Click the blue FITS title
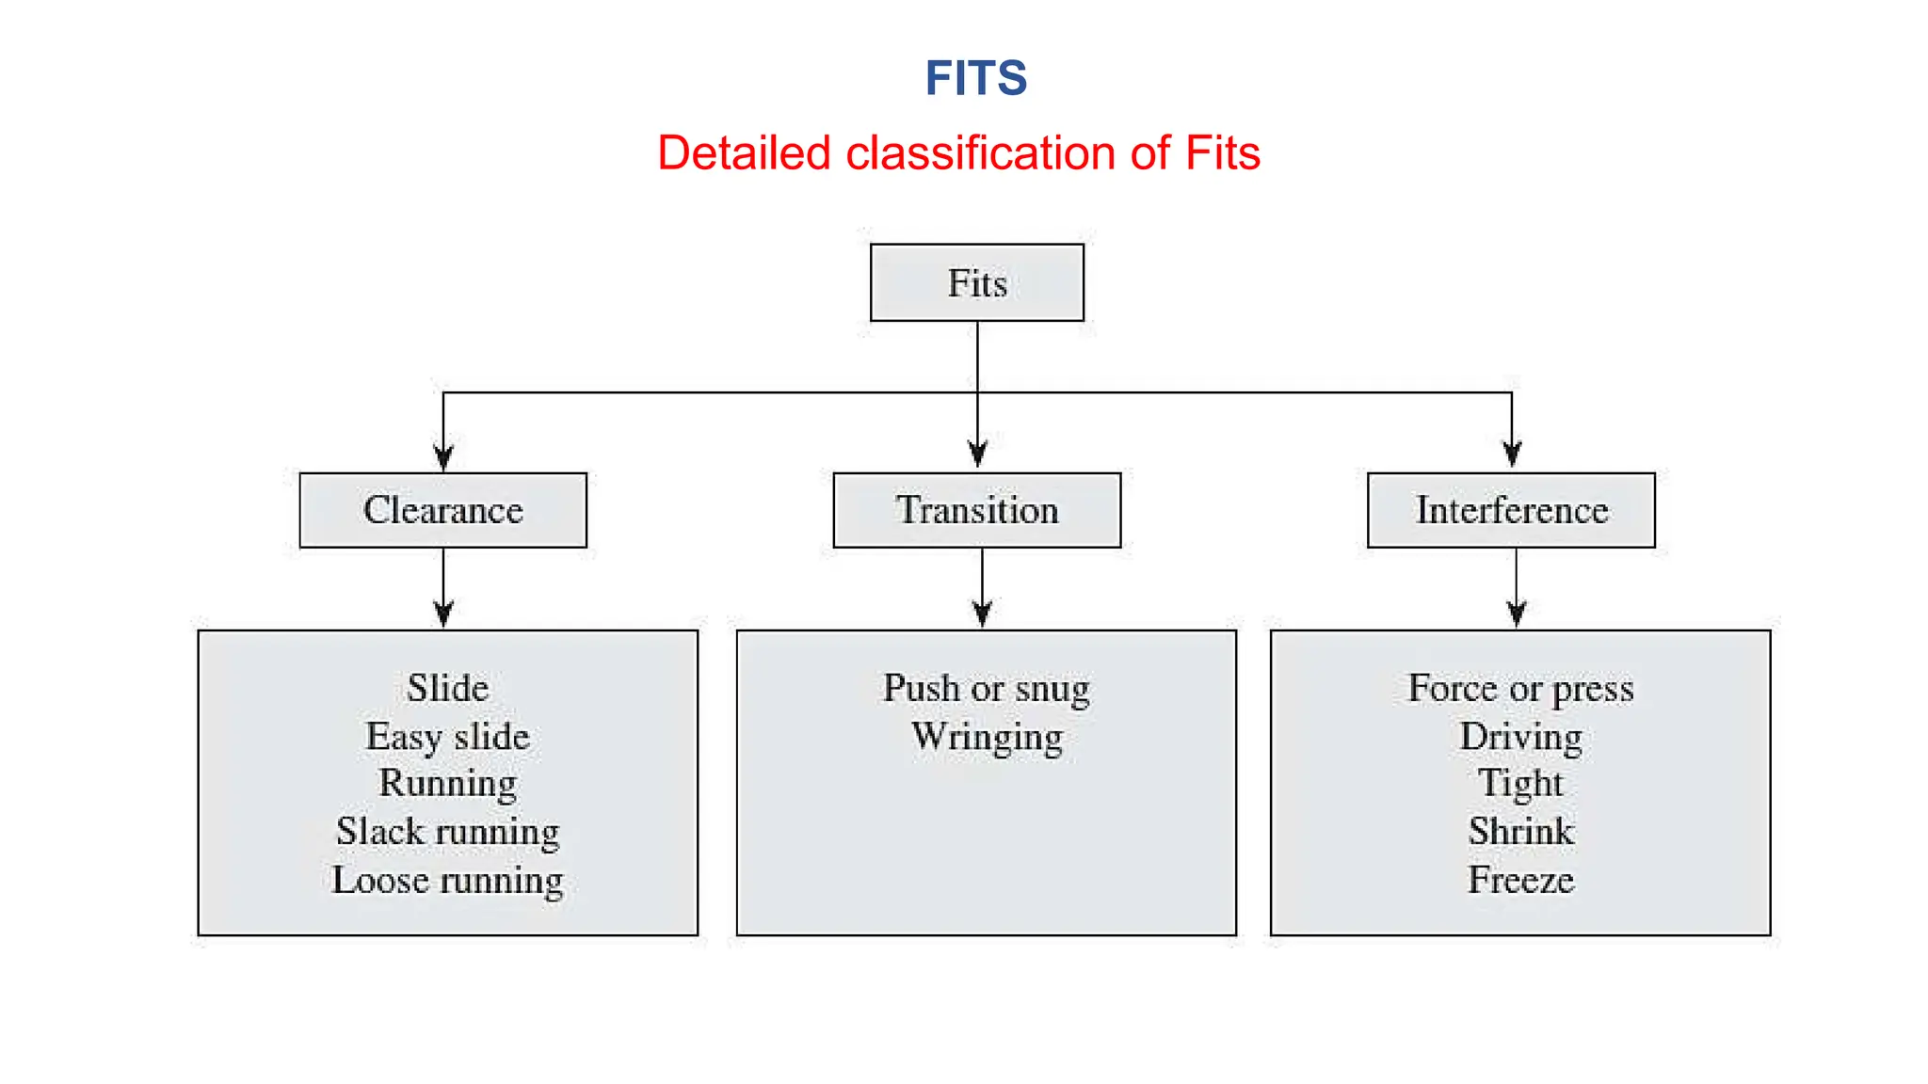[975, 78]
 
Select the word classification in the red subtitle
[980, 153]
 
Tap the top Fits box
[976, 283]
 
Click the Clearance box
[442, 510]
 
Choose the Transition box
[976, 510]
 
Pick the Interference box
[1511, 510]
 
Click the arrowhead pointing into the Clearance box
[443, 457]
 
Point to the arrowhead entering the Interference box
[1512, 454]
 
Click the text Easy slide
[447, 736]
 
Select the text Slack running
[447, 832]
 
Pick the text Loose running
[447, 881]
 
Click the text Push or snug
[986, 689]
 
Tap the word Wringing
[987, 737]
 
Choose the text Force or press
[1520, 689]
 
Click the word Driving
[1520, 737]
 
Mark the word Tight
[1519, 784]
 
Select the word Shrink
[1520, 832]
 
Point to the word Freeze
[1520, 881]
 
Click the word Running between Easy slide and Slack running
[447, 784]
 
